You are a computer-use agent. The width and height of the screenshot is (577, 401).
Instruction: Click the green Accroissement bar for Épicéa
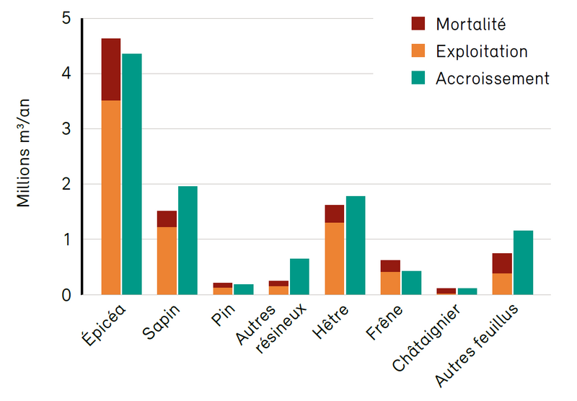pos(131,173)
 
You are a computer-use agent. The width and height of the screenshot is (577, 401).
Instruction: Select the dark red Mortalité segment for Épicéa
pos(110,69)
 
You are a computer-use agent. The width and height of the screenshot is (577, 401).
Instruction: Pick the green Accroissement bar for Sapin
pos(188,240)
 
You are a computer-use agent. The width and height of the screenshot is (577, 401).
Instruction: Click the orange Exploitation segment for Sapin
pos(167,260)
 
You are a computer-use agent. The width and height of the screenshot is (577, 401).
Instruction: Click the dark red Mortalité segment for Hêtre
pos(334,213)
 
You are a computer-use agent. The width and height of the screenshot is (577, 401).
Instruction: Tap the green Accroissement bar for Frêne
pos(411,283)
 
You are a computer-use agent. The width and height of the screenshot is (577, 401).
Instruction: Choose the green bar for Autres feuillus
pos(523,263)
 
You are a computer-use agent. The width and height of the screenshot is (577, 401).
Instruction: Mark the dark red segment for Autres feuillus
pos(502,263)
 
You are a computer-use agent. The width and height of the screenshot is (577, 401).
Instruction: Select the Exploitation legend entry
pos(482,51)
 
